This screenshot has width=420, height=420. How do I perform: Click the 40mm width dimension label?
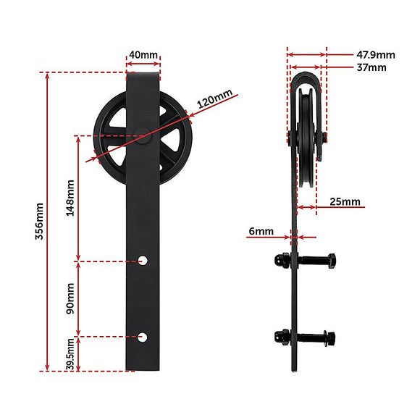coord(143,55)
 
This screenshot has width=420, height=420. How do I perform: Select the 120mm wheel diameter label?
coord(214,98)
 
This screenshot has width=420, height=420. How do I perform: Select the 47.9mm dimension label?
coord(376,54)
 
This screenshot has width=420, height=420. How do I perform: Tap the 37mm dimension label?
coord(371,67)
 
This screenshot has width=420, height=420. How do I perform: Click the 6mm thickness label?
coord(260,232)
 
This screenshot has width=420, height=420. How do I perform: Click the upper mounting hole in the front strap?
coord(144,259)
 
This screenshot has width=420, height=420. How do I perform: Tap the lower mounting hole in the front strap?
coord(144,336)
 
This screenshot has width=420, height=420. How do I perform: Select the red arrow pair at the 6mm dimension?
coord(295,235)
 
